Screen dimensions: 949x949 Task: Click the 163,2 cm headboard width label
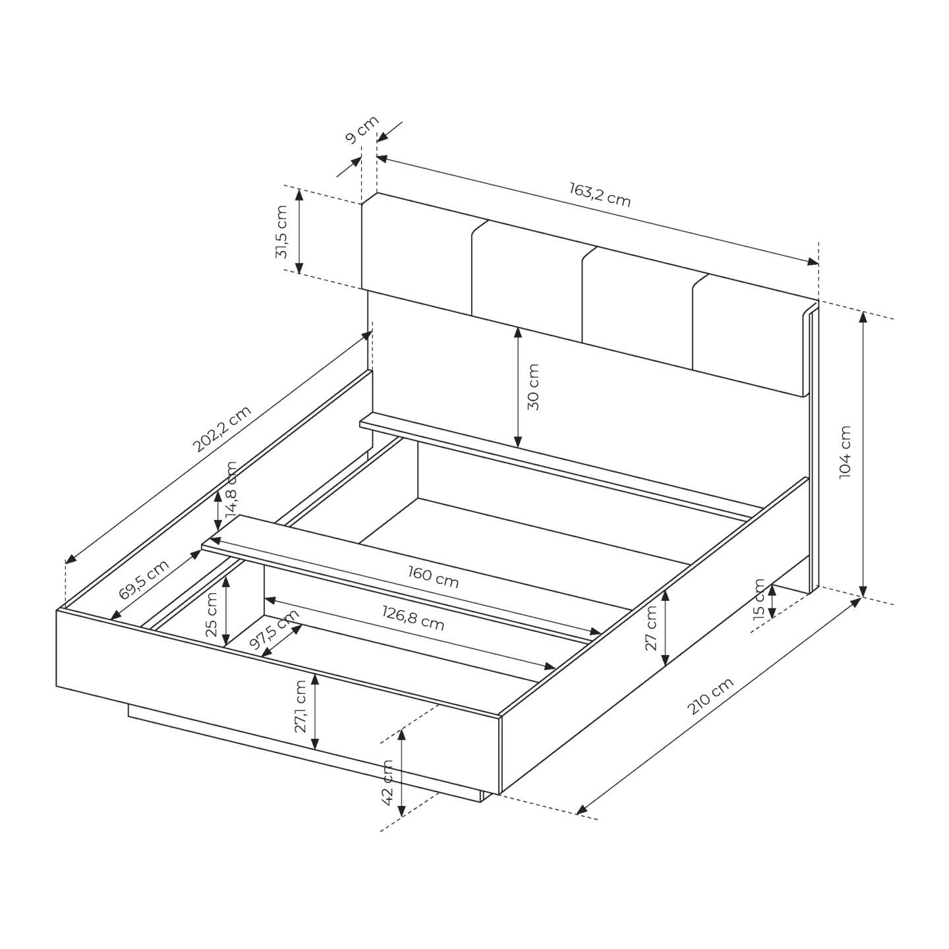coord(600,194)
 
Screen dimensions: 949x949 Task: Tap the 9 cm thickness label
coord(362,130)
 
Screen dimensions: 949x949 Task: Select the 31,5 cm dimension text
coord(281,231)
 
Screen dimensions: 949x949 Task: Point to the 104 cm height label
coord(845,451)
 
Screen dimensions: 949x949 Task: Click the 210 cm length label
coord(710,695)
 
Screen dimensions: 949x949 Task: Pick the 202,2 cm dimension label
coord(221,428)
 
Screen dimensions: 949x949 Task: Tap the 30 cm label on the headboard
coord(533,387)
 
